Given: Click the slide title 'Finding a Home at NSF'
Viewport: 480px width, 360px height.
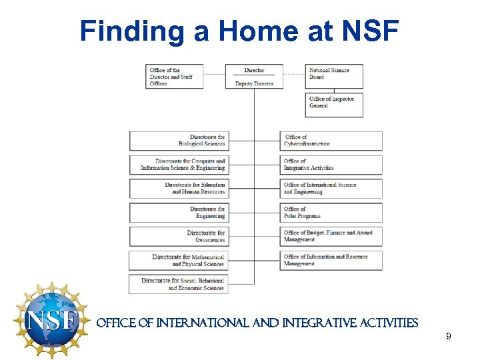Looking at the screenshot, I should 239,31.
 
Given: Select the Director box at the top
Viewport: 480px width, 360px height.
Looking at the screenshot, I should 254,70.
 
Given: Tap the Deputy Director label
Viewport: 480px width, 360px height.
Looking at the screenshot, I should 254,84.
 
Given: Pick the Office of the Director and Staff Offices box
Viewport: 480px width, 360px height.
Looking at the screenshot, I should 175,76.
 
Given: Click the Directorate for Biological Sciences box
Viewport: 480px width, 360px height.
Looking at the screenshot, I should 179,141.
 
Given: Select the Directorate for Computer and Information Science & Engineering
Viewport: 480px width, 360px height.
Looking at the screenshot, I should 179,165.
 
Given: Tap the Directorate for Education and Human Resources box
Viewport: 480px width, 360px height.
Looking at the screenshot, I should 179,189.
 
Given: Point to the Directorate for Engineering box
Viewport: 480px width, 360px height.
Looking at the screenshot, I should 179,213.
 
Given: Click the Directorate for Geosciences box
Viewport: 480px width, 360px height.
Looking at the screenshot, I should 179,237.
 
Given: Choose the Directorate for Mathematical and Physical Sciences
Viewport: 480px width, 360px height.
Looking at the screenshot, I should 179,261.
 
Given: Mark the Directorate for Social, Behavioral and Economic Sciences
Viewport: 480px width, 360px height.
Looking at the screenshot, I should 179,285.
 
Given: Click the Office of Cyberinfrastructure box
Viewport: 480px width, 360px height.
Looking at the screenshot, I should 331,141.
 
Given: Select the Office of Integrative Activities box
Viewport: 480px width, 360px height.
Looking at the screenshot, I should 331,165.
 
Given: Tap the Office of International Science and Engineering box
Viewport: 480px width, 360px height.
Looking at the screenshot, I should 331,189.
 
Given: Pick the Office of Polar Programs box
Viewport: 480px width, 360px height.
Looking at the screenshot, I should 331,213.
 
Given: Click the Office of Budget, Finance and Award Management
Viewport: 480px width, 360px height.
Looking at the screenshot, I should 331,237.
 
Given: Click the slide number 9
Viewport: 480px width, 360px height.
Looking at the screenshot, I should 449,337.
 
